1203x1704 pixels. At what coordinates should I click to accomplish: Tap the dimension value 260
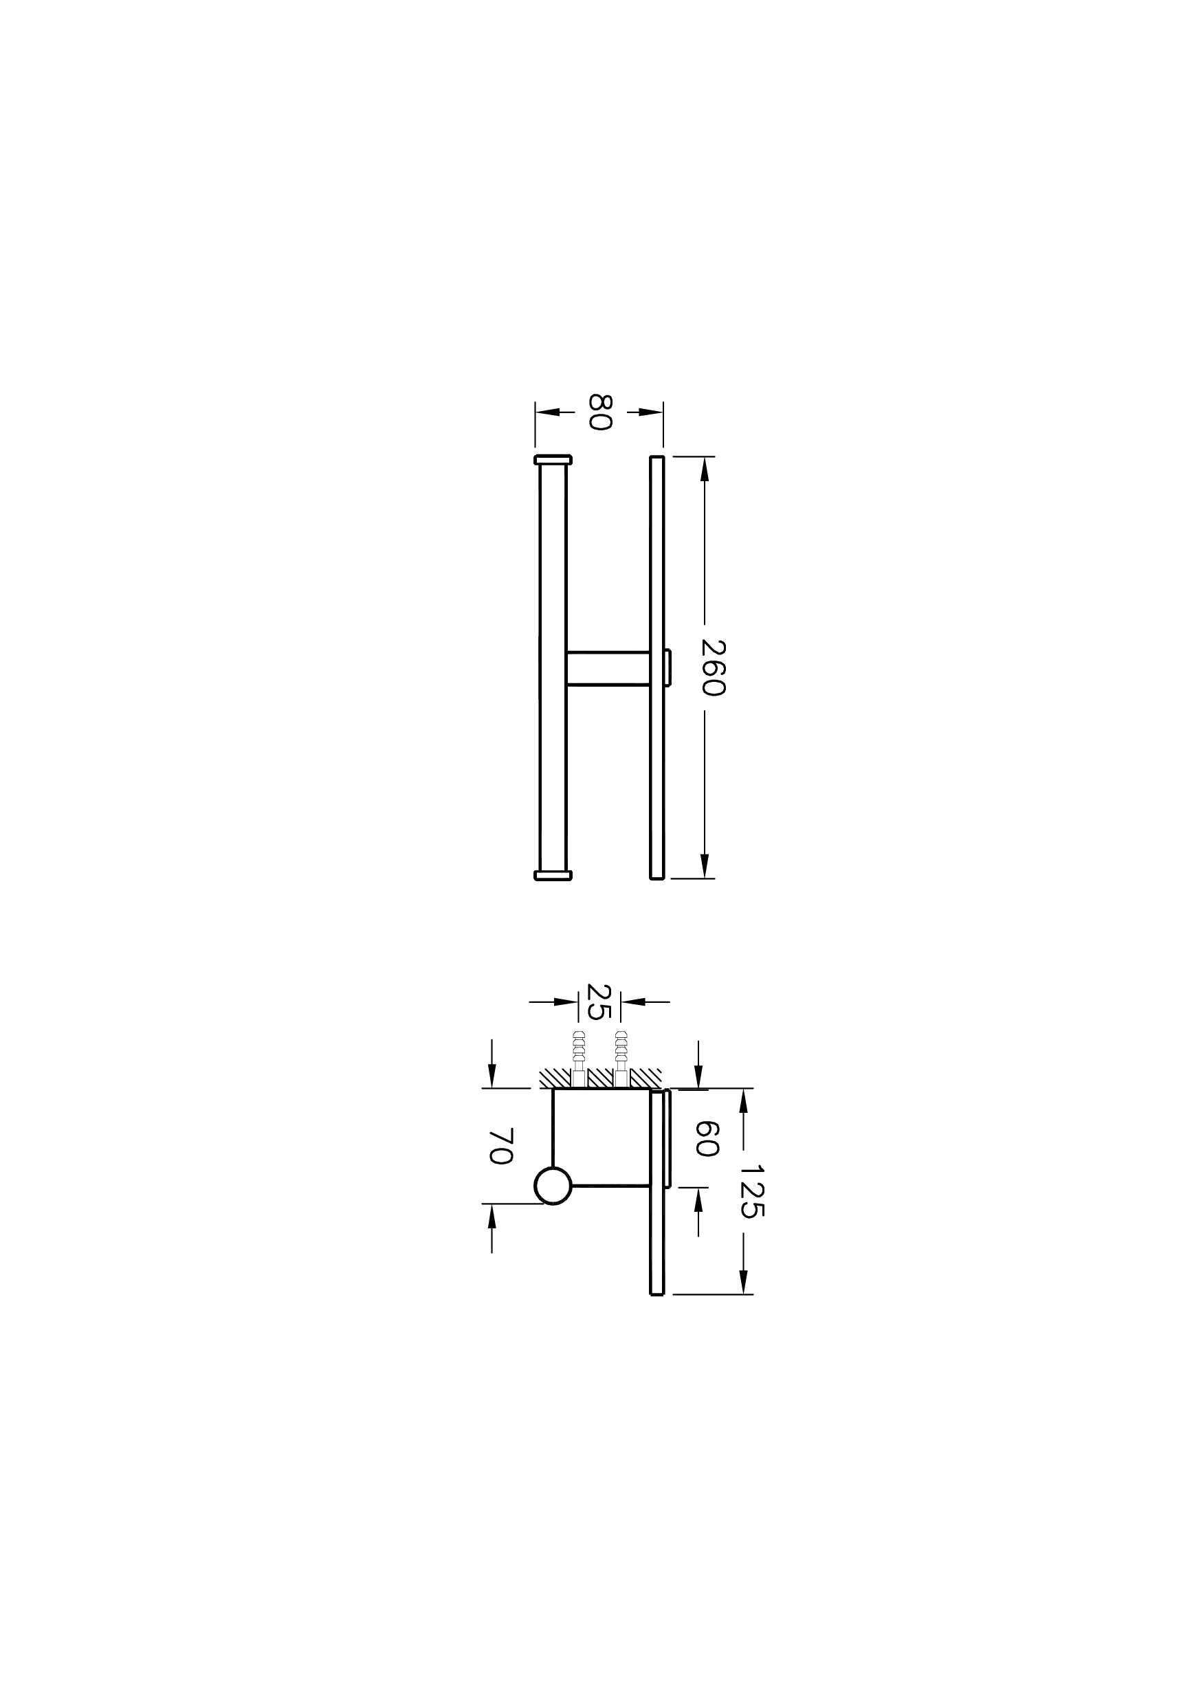[712, 667]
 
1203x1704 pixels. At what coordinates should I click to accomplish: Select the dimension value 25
[599, 1002]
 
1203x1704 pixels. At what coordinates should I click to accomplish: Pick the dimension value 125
[752, 1191]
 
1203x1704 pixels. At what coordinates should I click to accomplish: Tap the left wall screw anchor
[579, 1059]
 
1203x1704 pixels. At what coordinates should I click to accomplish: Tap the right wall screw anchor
[621, 1059]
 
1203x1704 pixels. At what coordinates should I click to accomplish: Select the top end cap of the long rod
[553, 459]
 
